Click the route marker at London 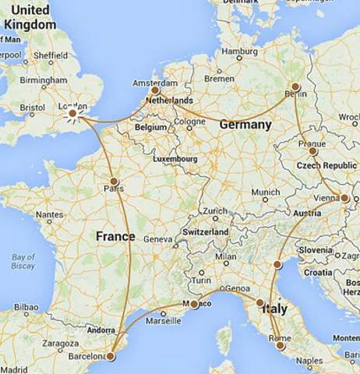click(x=72, y=114)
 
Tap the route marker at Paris click(x=114, y=181)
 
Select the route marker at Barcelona click(x=110, y=356)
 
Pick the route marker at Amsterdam click(x=155, y=90)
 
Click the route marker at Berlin click(x=295, y=86)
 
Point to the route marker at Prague click(x=312, y=150)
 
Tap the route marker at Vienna click(x=344, y=198)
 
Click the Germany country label click(x=246, y=125)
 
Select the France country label click(x=115, y=236)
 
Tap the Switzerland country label click(x=205, y=232)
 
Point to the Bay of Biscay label click(x=23, y=262)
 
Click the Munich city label click(x=266, y=192)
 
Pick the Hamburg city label click(x=239, y=51)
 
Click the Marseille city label click(x=173, y=320)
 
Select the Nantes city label click(x=48, y=214)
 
